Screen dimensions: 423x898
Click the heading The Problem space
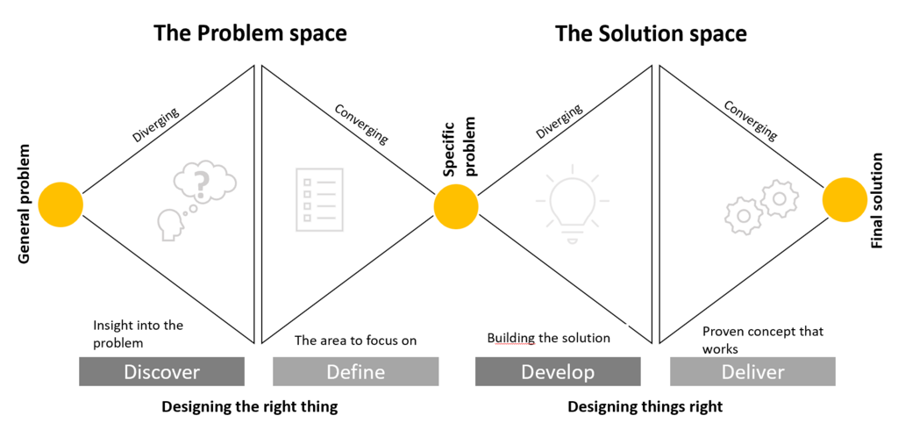point(250,33)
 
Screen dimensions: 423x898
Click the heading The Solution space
point(651,33)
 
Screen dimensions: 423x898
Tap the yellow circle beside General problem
point(61,204)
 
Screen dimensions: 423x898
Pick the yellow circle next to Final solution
point(845,199)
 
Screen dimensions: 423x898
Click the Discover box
point(161,372)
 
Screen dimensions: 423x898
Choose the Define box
point(355,372)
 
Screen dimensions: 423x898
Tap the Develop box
point(558,372)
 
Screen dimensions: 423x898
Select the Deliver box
point(752,372)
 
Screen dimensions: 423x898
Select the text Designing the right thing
point(249,406)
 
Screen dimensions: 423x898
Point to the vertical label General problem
point(25,204)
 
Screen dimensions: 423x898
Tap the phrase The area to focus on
point(355,341)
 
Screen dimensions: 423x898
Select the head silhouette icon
point(169,224)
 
